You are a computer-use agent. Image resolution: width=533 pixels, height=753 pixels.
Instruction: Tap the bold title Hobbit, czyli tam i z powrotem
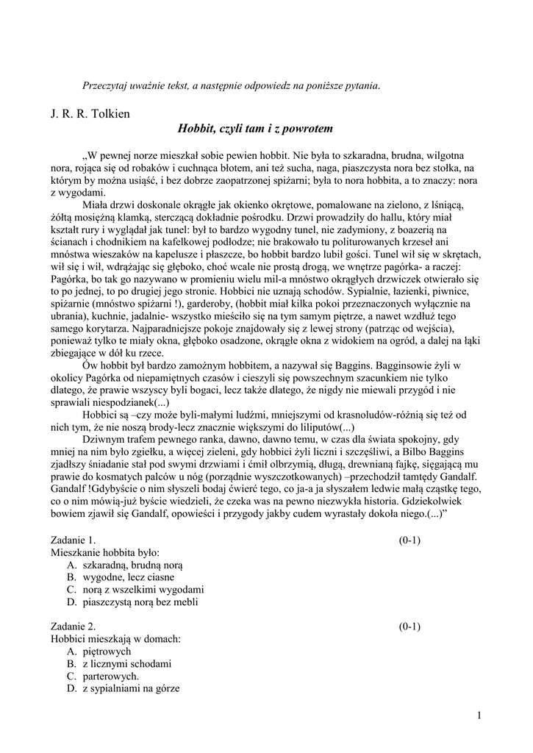[x=255, y=129]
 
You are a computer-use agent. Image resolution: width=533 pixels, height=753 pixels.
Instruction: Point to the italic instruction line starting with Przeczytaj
[x=231, y=85]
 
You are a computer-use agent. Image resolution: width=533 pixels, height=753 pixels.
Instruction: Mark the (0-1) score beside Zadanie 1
[x=409, y=539]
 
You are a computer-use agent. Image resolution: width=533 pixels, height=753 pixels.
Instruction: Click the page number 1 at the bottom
[x=479, y=715]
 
